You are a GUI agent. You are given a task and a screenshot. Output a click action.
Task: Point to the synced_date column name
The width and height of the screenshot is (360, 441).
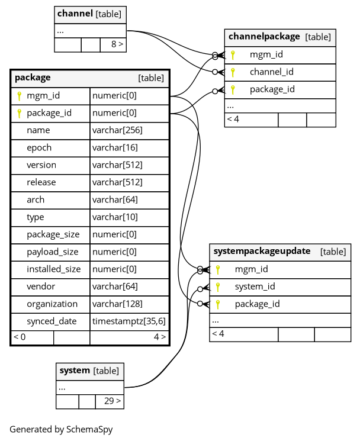click(52, 321)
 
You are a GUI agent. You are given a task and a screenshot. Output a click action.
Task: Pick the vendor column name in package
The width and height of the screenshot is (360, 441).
click(41, 287)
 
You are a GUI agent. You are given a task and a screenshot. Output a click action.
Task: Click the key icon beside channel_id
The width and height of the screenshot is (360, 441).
click(233, 72)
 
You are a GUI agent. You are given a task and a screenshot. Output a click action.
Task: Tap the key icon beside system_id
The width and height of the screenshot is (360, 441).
click(218, 287)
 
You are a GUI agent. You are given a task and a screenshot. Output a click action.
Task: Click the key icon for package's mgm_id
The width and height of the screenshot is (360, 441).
click(19, 95)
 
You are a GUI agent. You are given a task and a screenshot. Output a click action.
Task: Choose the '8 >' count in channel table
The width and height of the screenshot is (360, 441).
click(117, 44)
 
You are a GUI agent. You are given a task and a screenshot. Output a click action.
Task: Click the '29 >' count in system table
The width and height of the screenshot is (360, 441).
click(112, 401)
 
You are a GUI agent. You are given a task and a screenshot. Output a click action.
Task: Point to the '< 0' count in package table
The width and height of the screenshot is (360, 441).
click(20, 337)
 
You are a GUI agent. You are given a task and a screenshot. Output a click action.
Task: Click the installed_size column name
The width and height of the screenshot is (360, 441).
click(53, 269)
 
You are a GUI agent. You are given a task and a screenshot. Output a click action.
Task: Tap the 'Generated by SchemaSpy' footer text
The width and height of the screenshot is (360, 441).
click(61, 430)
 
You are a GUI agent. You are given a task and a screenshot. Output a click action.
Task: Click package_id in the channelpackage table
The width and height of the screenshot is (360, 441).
click(272, 89)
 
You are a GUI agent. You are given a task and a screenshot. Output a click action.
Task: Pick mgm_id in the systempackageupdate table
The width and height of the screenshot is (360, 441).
click(251, 269)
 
